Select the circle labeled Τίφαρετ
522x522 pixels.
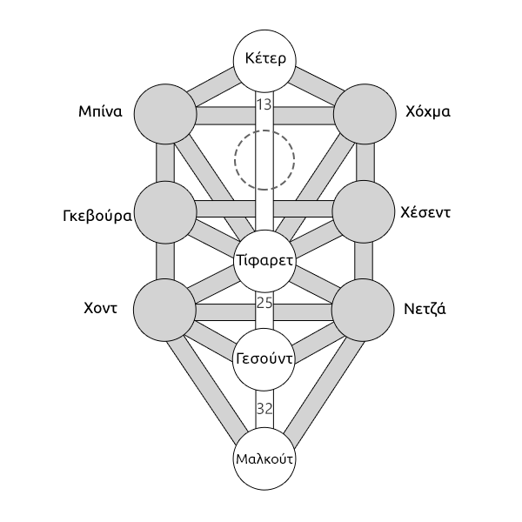(265, 260)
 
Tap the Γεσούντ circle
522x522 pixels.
(265, 358)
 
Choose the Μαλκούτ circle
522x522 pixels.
(265, 458)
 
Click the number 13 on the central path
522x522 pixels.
(265, 104)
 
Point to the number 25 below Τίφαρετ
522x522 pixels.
(265, 303)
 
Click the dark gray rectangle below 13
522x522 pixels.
(264, 159)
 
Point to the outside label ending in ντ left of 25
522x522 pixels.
(101, 308)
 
